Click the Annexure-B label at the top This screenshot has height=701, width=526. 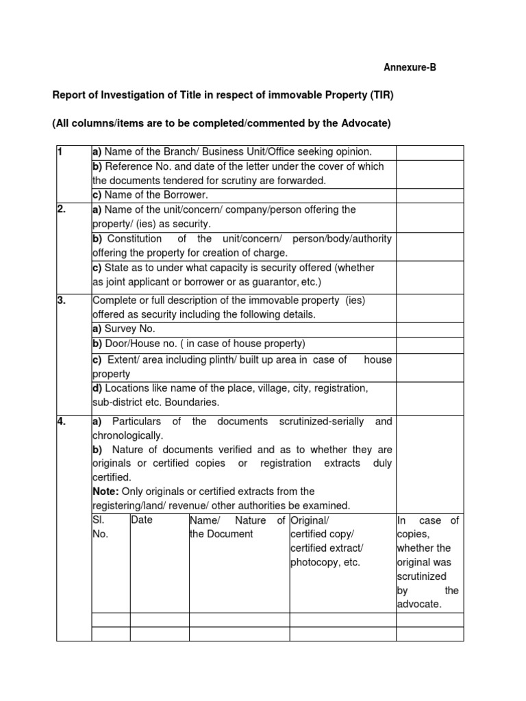(409, 67)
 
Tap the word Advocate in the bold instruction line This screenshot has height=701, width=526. (363, 123)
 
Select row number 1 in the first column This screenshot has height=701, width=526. (60, 152)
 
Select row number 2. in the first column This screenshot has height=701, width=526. (62, 209)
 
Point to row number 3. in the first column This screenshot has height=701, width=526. (62, 300)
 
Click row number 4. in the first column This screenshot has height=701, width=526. (62, 422)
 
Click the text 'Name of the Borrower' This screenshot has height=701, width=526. (152, 195)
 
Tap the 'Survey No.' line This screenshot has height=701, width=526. (124, 329)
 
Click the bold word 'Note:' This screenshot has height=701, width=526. (105, 492)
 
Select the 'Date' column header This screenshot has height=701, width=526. (142, 520)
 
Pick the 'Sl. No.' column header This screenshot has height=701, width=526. (100, 527)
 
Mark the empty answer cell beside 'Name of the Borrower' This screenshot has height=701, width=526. (429, 195)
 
